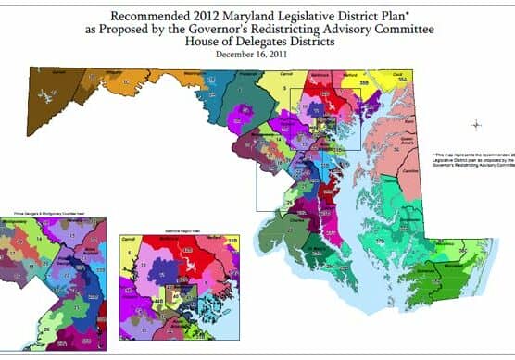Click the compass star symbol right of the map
pyautogui.click(x=475, y=125)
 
